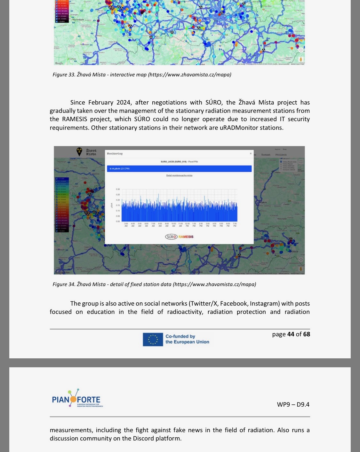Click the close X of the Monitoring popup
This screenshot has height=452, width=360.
pos(251,153)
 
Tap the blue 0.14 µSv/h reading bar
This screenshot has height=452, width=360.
pos(179,168)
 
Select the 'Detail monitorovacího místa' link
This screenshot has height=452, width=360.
pos(179,175)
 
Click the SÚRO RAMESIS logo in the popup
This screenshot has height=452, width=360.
pos(179,237)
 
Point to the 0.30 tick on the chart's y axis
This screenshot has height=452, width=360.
pos(118,189)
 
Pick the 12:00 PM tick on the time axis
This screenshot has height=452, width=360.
pos(187,225)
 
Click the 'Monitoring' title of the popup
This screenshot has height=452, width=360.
pos(115,154)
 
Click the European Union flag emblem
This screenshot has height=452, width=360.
pos(153,339)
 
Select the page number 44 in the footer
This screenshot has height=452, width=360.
pos(291,334)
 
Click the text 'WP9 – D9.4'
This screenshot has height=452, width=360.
pos(293,404)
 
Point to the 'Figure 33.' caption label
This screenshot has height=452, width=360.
pos(64,74)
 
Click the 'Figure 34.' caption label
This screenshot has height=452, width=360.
pos(64,284)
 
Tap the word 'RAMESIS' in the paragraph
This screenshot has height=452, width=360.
pos(75,119)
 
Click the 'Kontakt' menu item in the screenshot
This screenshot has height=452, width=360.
pos(266,155)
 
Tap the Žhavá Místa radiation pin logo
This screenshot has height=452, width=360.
pos(79,152)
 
